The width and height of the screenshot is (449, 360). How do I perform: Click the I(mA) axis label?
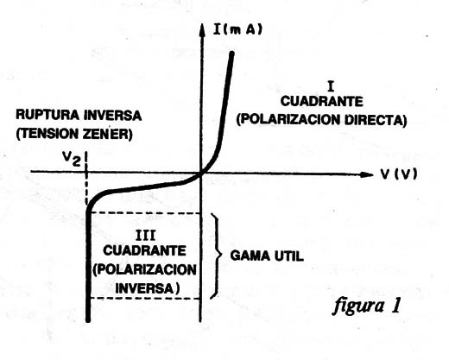(237, 29)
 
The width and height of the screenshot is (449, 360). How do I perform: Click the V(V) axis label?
(399, 174)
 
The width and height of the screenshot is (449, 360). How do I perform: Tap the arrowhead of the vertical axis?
(202, 29)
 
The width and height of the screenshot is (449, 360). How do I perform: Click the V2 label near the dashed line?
(72, 159)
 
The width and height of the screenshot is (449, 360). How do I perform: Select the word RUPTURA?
(47, 115)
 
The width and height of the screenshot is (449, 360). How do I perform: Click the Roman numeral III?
(145, 236)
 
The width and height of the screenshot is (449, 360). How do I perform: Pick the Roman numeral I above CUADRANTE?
(331, 86)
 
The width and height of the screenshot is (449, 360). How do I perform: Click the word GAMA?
(249, 256)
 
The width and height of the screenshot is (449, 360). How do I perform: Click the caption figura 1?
(367, 306)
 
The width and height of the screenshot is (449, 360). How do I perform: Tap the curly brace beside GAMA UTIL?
(218, 256)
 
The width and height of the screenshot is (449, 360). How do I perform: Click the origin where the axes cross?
(201, 174)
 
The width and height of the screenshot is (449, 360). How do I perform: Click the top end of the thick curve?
(231, 53)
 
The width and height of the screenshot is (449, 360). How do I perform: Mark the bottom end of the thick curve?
(88, 319)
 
